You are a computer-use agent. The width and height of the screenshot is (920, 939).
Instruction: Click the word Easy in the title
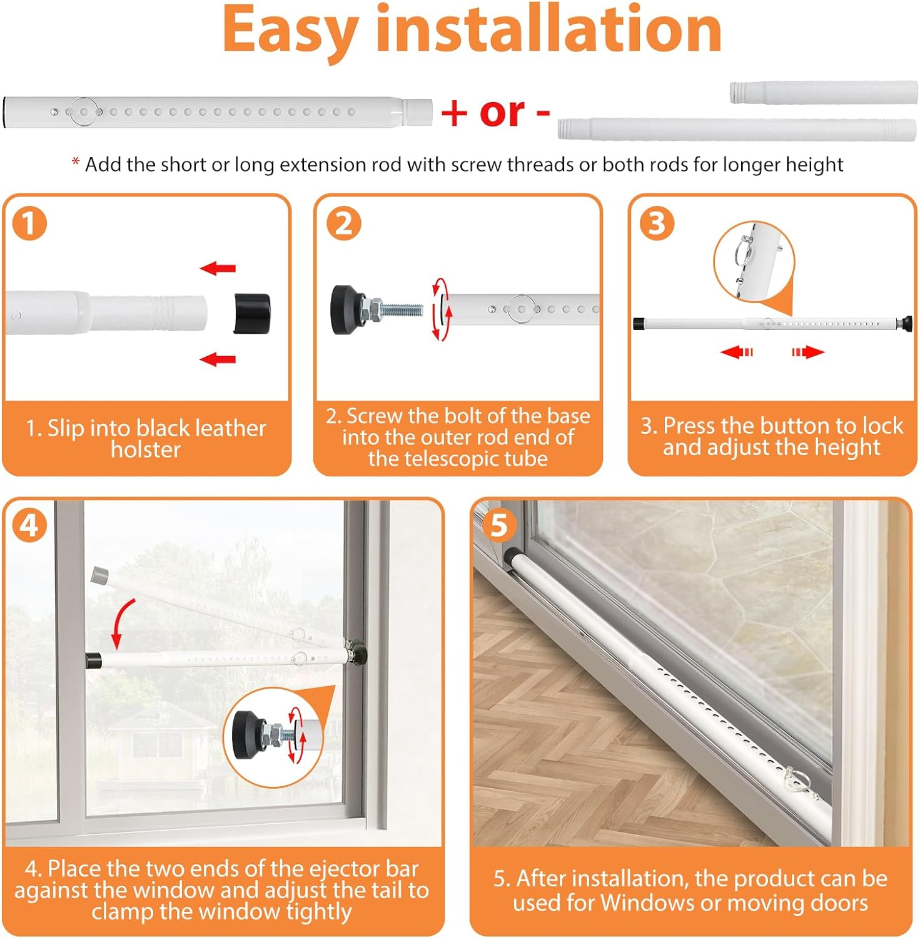290,30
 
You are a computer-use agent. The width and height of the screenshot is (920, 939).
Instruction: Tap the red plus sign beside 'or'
454,113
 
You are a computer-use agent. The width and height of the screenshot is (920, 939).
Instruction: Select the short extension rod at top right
823,92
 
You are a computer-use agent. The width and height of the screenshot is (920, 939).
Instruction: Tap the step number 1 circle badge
29,223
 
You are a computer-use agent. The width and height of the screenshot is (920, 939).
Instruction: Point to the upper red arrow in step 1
218,269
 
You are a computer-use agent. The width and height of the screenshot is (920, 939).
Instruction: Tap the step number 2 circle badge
344,223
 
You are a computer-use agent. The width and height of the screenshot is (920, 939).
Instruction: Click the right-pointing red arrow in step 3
808,352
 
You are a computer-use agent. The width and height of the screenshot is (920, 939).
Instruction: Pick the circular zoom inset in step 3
754,262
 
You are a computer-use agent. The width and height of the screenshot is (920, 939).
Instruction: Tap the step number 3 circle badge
656,223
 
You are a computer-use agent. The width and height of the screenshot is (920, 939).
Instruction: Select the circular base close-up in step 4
273,736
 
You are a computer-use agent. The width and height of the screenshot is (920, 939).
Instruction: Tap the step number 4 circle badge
29,525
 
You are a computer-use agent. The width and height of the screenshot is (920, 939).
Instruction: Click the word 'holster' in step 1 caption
146,449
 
